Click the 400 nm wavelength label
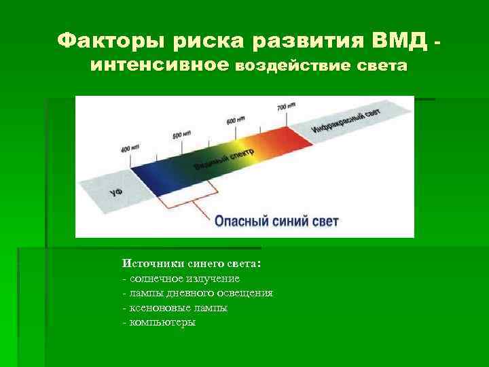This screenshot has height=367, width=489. click(130, 148)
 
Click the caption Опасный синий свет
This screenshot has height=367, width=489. click(276, 221)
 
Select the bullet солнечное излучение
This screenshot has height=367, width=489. click(183, 279)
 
